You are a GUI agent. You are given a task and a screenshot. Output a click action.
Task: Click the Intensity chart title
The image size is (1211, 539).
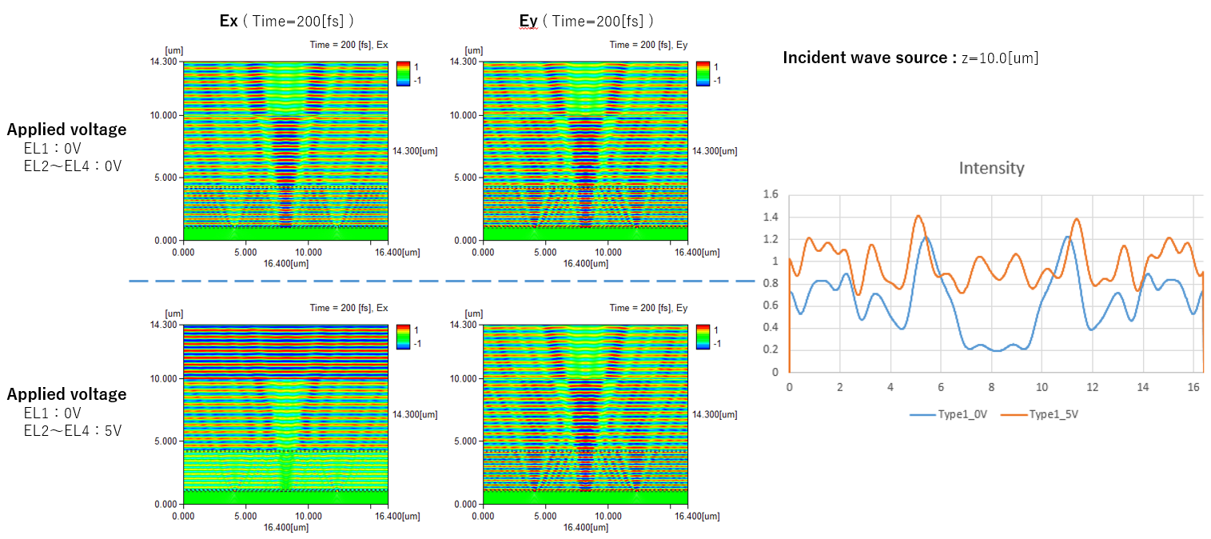tap(990, 168)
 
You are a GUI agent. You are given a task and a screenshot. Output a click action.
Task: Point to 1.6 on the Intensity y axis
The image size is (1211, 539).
tap(771, 194)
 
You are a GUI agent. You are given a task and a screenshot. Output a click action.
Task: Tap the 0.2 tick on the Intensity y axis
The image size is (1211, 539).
tap(771, 349)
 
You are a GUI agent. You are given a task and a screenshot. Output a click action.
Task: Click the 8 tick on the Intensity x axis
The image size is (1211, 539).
tap(991, 387)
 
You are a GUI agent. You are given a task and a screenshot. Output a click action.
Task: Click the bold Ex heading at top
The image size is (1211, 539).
tap(229, 21)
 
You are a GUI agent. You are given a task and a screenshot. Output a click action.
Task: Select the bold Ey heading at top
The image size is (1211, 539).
tap(528, 21)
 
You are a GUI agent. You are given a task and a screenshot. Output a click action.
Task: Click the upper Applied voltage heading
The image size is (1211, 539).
tap(66, 130)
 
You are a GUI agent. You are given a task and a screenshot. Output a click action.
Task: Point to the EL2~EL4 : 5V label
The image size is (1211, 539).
tap(72, 431)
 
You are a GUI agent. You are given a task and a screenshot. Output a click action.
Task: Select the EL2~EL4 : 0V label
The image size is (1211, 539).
tap(72, 166)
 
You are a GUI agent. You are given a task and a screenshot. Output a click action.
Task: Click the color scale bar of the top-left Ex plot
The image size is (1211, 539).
tap(403, 72)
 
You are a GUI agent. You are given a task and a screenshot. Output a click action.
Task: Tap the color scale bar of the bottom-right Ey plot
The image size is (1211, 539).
tap(703, 336)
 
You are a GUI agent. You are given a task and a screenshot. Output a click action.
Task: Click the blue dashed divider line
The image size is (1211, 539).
tap(440, 281)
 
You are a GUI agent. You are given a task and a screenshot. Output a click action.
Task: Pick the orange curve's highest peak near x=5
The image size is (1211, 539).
tap(918, 216)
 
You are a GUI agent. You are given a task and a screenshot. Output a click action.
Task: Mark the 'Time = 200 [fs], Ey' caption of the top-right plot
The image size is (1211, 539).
tap(648, 45)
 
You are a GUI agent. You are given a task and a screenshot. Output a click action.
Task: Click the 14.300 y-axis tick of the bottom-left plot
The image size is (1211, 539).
tap(165, 325)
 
